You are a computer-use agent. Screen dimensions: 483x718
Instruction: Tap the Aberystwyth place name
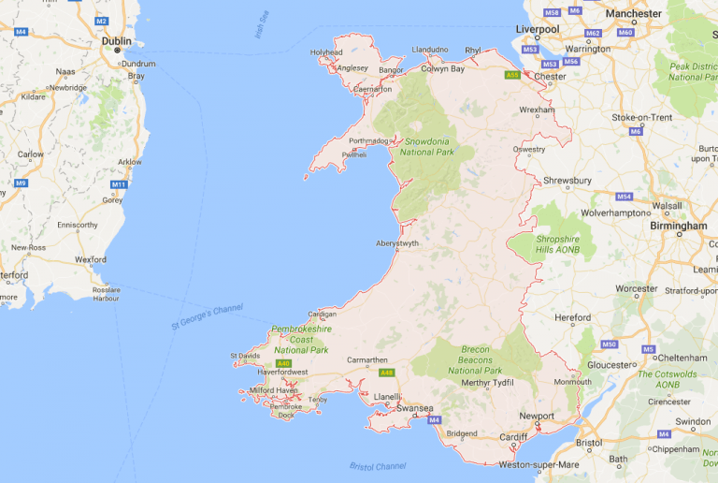pos(397,242)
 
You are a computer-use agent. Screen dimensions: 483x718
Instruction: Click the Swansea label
pos(413,408)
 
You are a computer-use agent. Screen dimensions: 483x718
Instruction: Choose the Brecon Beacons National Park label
pos(475,359)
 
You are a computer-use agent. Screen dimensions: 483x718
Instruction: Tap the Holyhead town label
pos(327,52)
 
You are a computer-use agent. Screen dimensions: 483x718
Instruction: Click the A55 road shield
pos(511,75)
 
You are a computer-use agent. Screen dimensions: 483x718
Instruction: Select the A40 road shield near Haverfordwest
pos(284,363)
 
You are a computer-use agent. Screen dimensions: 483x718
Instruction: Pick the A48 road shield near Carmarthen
pos(386,373)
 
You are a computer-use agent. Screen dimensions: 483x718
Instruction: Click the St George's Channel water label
pos(207,316)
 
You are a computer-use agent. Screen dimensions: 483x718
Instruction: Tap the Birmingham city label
pos(678,226)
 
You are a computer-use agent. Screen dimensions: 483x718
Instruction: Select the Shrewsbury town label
pos(568,180)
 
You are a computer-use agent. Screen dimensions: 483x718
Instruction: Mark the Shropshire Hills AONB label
pos(558,244)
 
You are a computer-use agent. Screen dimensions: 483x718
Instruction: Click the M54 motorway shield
pos(625,197)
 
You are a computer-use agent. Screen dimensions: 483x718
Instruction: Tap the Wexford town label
pos(91,258)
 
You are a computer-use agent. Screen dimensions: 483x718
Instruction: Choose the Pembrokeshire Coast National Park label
pos(300,340)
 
